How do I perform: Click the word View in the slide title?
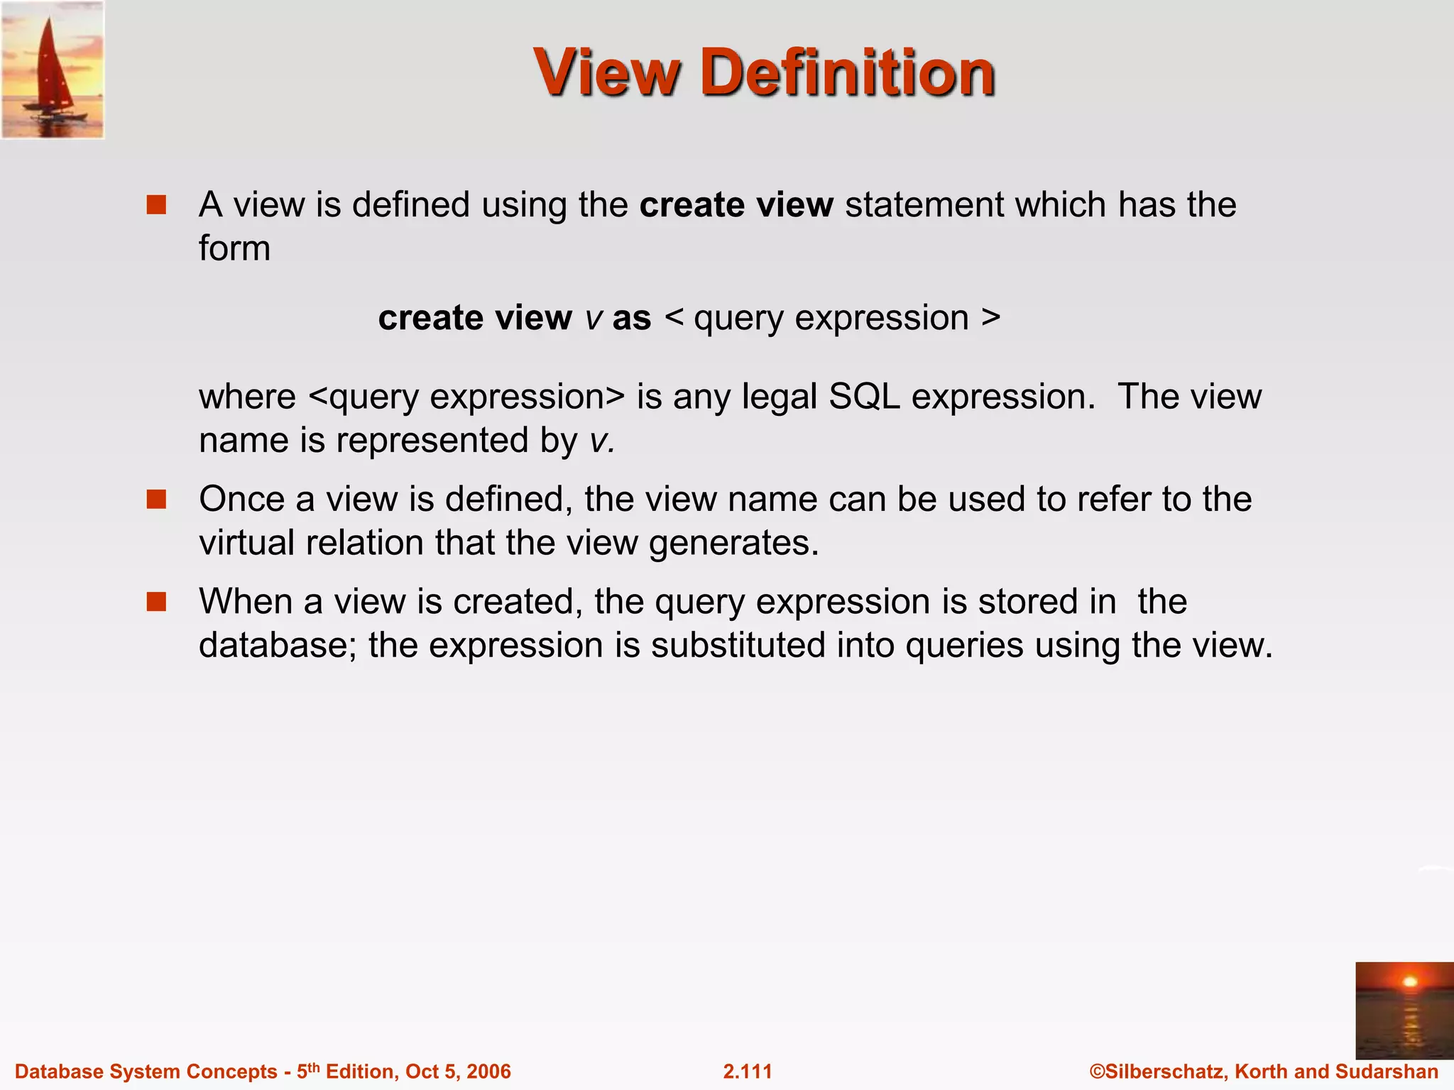click(607, 72)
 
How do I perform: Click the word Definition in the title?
click(848, 72)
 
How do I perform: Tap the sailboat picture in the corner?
click(53, 70)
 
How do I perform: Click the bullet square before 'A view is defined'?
click(156, 205)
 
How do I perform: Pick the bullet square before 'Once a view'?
click(156, 500)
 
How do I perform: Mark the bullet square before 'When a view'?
click(156, 602)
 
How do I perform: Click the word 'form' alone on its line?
click(234, 248)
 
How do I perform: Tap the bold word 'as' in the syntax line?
click(631, 318)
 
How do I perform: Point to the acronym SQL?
click(863, 397)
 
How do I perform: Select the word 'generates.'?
click(734, 544)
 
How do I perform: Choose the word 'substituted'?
click(738, 646)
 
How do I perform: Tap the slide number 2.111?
click(747, 1072)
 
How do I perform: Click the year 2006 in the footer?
click(488, 1072)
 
